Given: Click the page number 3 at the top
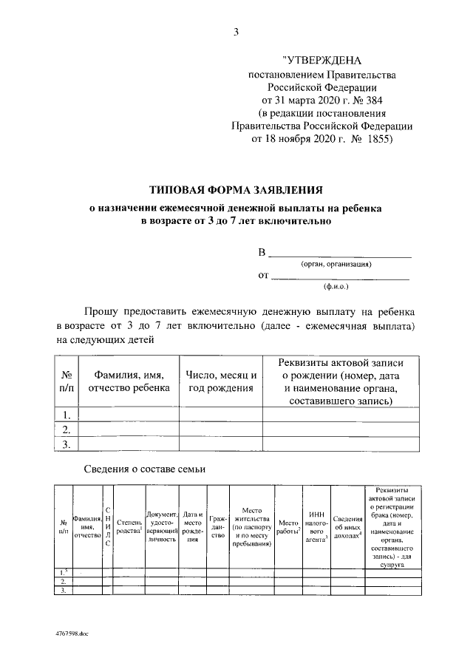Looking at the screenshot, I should coord(236,31).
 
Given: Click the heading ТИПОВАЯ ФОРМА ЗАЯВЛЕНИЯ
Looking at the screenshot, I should coord(236,190).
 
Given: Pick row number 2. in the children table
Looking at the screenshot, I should coord(66,429).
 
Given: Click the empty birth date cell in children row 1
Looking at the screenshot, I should coord(221,415).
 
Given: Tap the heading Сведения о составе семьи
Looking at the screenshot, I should coord(143,469).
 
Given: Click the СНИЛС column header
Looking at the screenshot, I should coord(108,526).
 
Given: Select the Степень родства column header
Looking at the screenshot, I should coord(129,526).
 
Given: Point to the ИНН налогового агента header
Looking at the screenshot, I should coord(317,526).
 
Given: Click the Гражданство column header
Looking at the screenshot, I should coord(218,526).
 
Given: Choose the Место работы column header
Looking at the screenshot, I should coord(288,527).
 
